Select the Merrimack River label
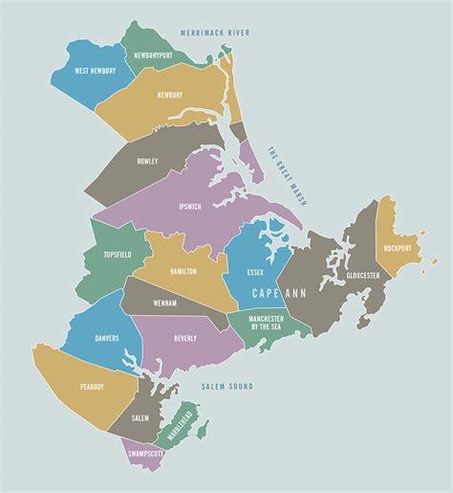tap(214, 33)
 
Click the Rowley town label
tap(147, 162)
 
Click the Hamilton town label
tap(183, 271)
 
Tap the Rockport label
tap(397, 248)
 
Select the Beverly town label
tap(185, 338)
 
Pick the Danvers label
tap(107, 338)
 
